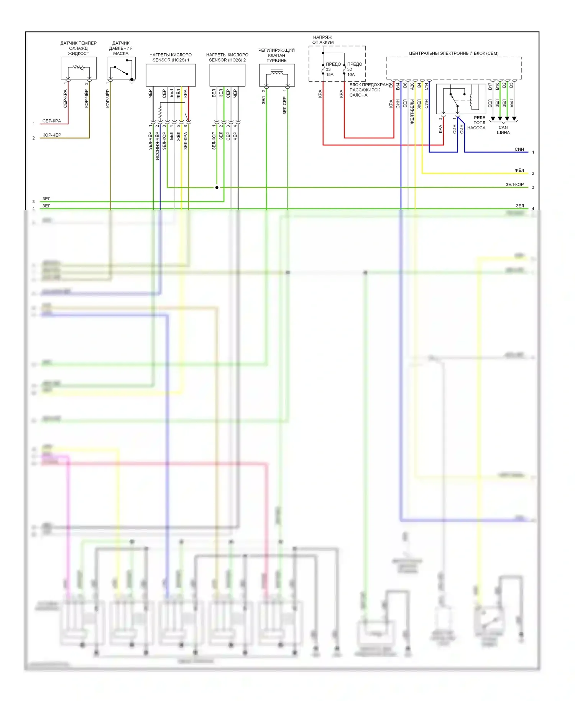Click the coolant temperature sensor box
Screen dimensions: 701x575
79,68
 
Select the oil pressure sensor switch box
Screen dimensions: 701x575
121,68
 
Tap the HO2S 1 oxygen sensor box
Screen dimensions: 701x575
171,75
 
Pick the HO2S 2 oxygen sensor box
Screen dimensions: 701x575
227,75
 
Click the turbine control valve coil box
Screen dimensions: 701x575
277,75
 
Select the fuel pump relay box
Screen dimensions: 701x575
461,99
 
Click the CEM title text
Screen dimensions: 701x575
454,53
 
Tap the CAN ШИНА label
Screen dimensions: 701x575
503,130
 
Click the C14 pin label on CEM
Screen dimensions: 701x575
426,86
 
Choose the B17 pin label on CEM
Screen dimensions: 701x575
490,86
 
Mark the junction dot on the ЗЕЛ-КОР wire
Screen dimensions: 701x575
217,188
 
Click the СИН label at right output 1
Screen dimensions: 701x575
519,150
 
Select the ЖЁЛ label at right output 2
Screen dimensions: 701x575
519,170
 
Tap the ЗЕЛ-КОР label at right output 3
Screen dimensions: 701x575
514,184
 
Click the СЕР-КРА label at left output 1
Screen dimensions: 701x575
52,121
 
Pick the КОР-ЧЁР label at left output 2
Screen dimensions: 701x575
52,135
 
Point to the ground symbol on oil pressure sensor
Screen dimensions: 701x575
132,81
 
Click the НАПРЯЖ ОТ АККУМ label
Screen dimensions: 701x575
323,40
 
